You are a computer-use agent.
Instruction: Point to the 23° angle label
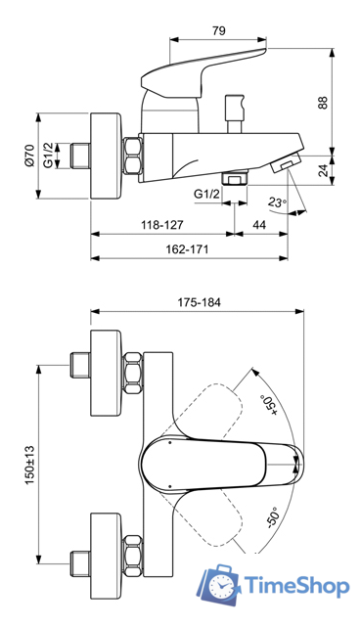pyautogui.click(x=278, y=202)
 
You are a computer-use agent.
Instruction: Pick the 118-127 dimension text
pyautogui.click(x=162, y=225)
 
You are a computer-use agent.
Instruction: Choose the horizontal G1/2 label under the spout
pyautogui.click(x=206, y=193)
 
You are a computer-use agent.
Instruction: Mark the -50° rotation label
pyautogui.click(x=271, y=519)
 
